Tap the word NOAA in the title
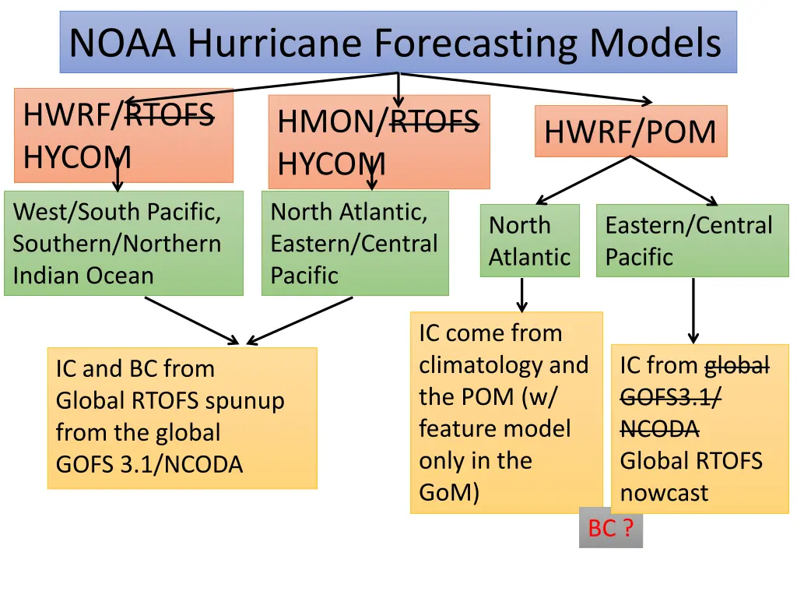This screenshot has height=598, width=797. click(x=122, y=43)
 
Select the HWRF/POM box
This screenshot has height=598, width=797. click(x=630, y=131)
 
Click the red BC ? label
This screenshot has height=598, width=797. click(x=611, y=528)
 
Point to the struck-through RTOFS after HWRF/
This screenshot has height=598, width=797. click(x=170, y=114)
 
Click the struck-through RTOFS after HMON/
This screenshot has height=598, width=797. click(x=434, y=121)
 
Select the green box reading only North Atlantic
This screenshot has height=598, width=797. click(x=529, y=241)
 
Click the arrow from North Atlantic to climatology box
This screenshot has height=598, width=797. click(x=521, y=295)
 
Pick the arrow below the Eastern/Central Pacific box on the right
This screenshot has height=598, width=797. click(x=693, y=311)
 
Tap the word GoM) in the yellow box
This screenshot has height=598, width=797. click(x=449, y=492)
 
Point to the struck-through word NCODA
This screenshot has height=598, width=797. click(x=659, y=429)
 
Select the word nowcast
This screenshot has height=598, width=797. click(x=664, y=493)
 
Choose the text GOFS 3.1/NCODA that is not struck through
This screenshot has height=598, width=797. click(x=149, y=464)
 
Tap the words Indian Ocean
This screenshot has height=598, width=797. click(x=83, y=276)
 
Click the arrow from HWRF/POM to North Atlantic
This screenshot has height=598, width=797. click(x=584, y=181)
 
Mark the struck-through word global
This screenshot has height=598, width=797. click(x=737, y=366)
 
